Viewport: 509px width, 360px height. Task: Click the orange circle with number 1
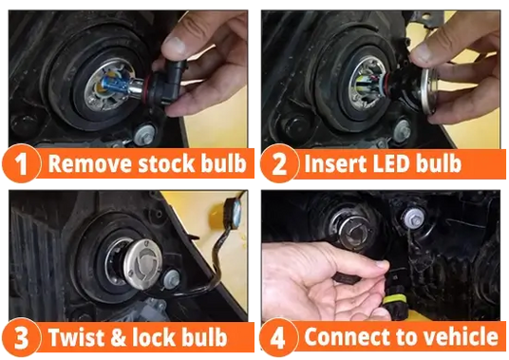(22, 163)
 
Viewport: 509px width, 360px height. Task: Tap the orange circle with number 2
(279, 163)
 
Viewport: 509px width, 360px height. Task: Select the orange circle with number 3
(22, 337)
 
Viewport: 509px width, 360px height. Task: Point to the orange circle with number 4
(278, 337)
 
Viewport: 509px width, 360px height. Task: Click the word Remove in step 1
(91, 163)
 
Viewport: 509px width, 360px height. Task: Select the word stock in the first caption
(167, 163)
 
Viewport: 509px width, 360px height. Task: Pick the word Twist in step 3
(77, 337)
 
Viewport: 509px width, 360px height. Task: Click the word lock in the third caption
(154, 337)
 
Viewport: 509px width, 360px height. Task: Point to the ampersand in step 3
(119, 337)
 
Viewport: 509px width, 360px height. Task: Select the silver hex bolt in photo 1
(144, 134)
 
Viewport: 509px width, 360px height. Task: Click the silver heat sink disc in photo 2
(428, 91)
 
